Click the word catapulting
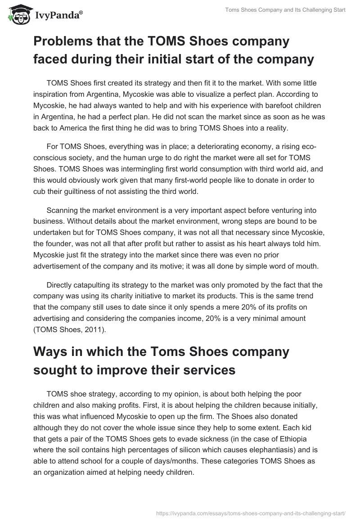pos(97,285)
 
